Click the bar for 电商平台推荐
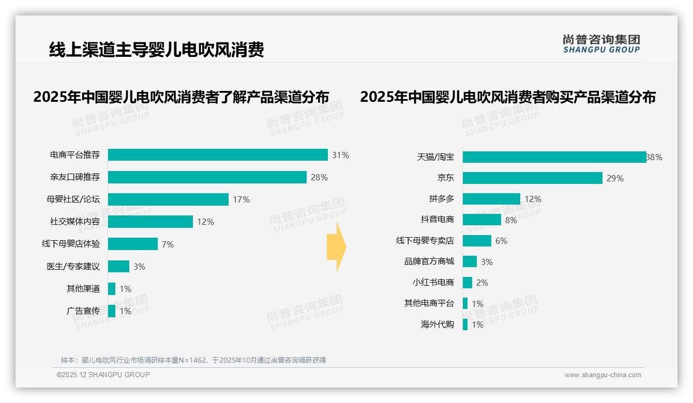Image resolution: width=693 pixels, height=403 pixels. [x=218, y=155]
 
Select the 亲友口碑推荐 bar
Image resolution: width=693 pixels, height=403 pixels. [x=207, y=177]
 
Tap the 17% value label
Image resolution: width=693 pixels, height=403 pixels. [x=241, y=199]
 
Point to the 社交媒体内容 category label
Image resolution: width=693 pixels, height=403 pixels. [x=74, y=222]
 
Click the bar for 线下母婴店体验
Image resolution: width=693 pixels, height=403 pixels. [x=133, y=244]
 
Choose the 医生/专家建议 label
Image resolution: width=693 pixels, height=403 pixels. [x=73, y=267]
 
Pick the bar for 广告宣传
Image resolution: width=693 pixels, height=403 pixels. [x=112, y=311]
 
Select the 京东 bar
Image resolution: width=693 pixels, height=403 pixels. [x=533, y=178]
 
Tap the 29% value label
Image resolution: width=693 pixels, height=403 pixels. [x=615, y=178]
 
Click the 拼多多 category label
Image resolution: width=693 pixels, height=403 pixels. [x=441, y=199]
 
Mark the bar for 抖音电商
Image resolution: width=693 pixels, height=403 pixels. [x=482, y=220]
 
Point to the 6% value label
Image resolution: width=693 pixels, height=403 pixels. [x=501, y=241]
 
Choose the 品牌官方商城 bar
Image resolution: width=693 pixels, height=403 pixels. [x=470, y=261]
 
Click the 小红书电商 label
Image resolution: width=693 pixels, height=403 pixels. [x=433, y=282]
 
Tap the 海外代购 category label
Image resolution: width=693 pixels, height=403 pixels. [x=437, y=324]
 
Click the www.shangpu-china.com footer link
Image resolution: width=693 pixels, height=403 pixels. [x=602, y=375]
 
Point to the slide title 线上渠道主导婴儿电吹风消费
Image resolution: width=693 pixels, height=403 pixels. [x=156, y=50]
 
